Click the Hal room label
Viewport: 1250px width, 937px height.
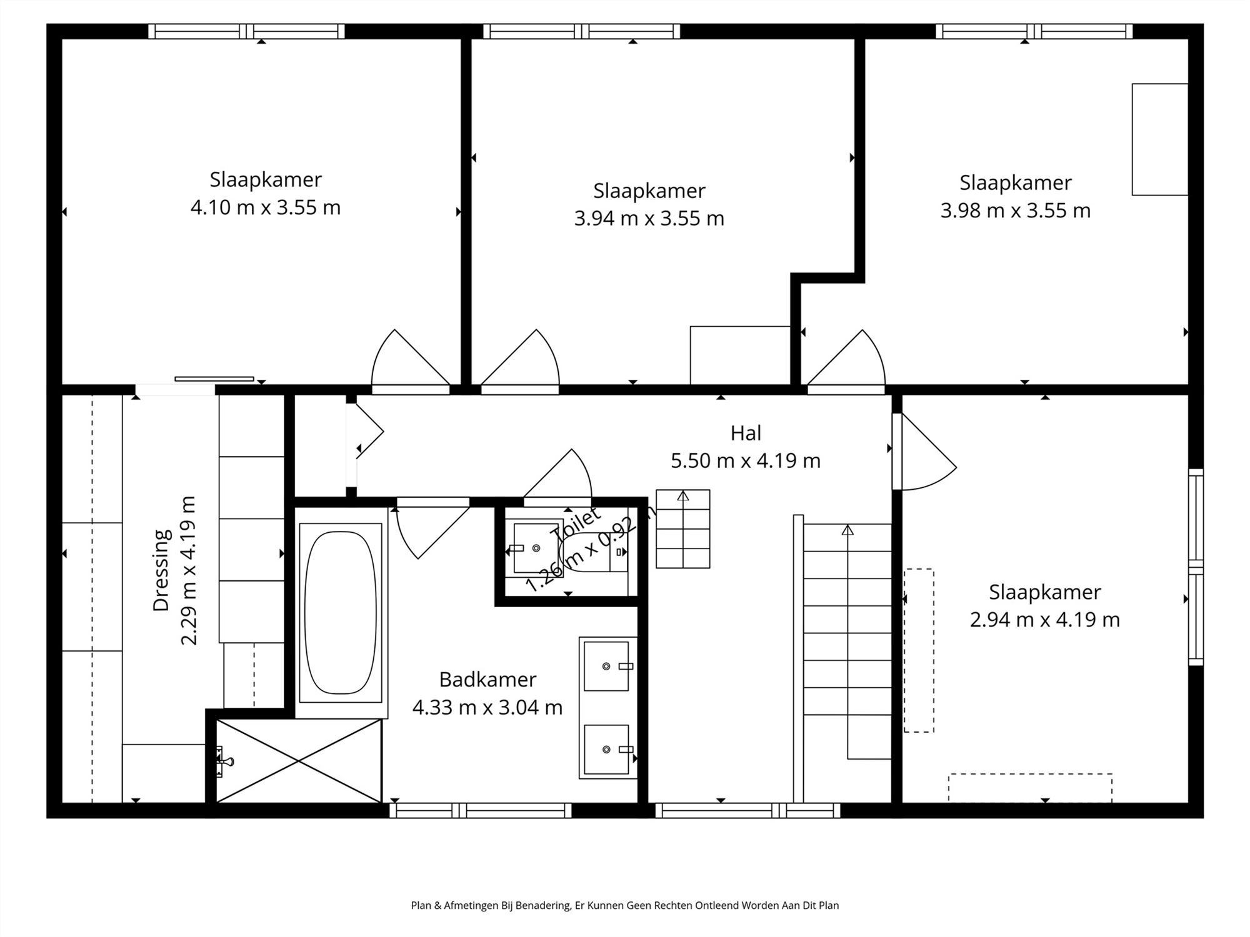pyautogui.click(x=746, y=433)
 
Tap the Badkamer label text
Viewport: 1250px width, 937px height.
pyautogui.click(x=487, y=679)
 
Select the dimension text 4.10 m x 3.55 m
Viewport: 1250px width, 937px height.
pyautogui.click(x=266, y=207)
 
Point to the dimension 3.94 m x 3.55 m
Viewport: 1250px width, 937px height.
pyautogui.click(x=649, y=219)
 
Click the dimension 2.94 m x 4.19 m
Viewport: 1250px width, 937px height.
pyautogui.click(x=1044, y=620)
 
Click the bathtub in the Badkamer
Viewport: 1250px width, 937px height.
pyautogui.click(x=341, y=613)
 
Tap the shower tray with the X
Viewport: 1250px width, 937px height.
pyautogui.click(x=299, y=761)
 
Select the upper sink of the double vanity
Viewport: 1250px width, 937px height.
pyautogui.click(x=606, y=667)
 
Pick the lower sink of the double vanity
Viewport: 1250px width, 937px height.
pyautogui.click(x=606, y=749)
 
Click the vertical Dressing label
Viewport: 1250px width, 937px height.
pyautogui.click(x=161, y=570)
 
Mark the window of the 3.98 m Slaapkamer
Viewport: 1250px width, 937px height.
pyautogui.click(x=1034, y=31)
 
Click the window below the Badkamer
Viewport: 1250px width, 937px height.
pyautogui.click(x=480, y=811)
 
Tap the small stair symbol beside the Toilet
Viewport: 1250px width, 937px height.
pyautogui.click(x=682, y=528)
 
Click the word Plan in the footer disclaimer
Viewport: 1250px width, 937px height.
pyautogui.click(x=419, y=905)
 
